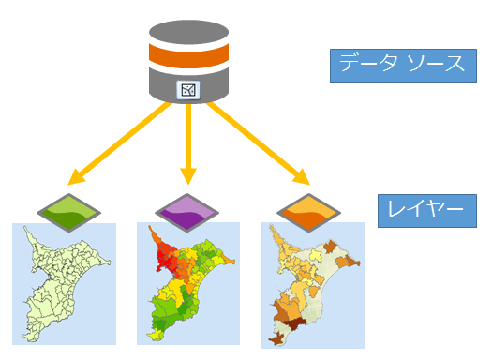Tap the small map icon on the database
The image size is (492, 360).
coord(188,91)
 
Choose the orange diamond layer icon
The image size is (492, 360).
coord(305,211)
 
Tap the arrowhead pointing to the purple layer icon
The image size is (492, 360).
coord(187,175)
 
